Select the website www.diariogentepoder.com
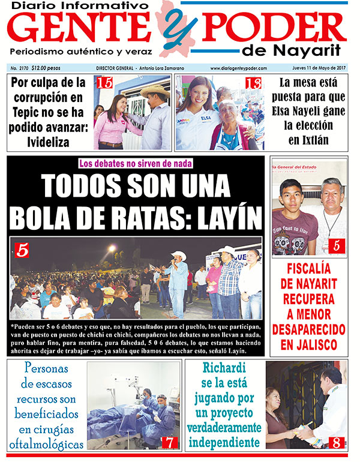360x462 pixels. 238,69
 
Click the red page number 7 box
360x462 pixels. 170,442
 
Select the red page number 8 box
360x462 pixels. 337,443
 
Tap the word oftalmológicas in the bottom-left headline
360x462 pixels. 46,445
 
